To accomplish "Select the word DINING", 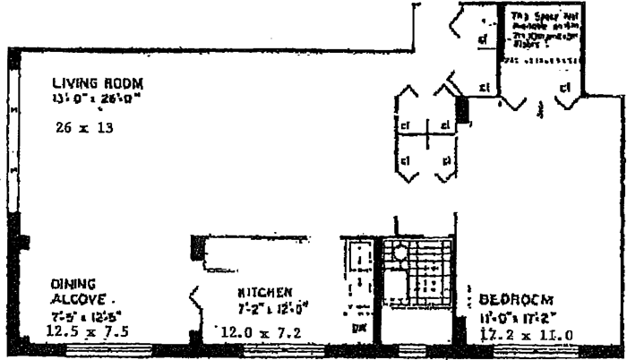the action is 69,284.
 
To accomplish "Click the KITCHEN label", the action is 265,293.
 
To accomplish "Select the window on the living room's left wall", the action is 12,134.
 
